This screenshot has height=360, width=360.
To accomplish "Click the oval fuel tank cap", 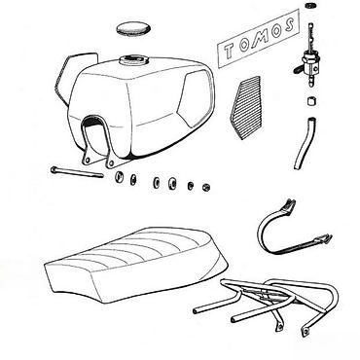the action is click(x=133, y=29).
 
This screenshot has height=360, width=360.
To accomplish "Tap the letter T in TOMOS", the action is click(x=229, y=52).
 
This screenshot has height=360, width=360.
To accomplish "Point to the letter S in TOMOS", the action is click(x=289, y=25).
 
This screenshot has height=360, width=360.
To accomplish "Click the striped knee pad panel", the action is click(x=245, y=108).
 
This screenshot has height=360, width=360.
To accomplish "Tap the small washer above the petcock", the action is click(x=310, y=5).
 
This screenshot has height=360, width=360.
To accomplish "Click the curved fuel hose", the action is click(x=305, y=143).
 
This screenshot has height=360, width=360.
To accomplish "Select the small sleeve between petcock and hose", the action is click(x=311, y=101).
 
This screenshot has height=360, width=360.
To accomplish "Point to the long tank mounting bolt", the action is click(x=77, y=172).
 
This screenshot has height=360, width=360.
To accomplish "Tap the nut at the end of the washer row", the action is click(x=206, y=187).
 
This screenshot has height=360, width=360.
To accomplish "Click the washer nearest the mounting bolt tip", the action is click(x=120, y=177).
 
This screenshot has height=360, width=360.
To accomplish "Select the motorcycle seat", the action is click(x=136, y=265).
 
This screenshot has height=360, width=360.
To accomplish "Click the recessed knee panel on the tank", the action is click(x=196, y=97).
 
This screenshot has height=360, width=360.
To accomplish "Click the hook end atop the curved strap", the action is click(x=289, y=206).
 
